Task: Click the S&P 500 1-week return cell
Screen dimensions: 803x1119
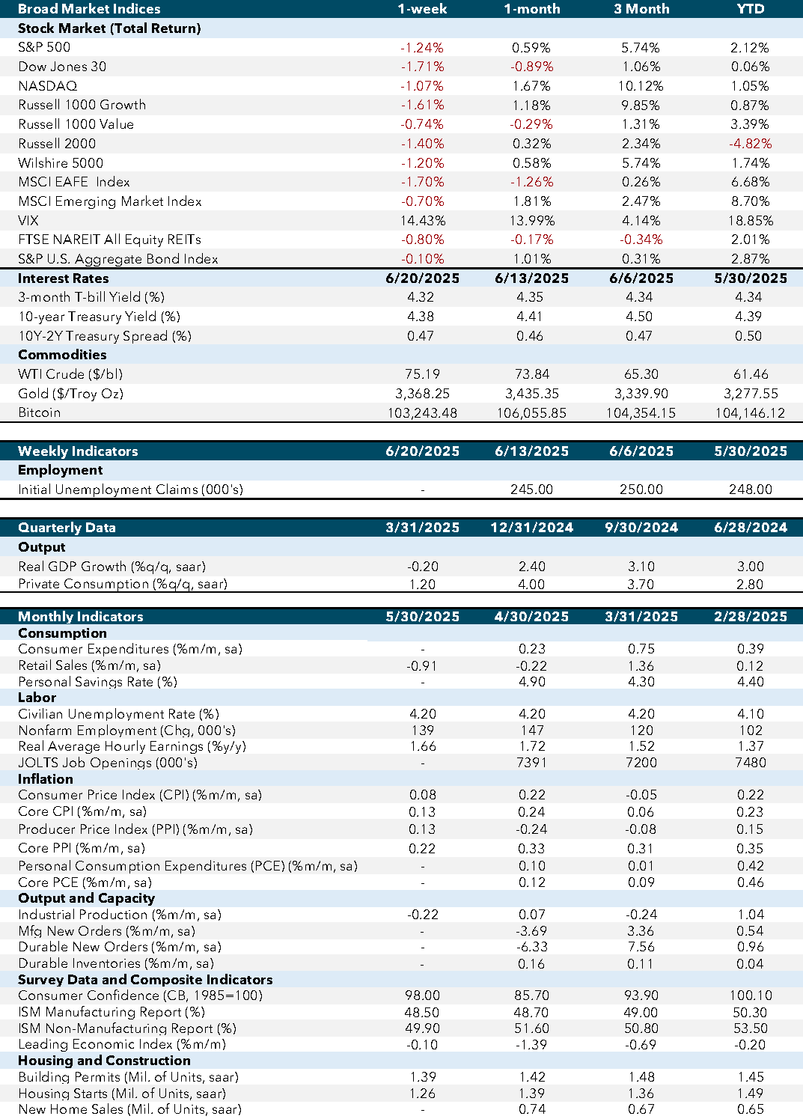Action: tap(422, 47)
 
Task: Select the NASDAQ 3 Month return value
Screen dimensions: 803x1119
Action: tap(641, 86)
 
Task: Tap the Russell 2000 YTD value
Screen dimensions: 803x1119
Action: tap(750, 144)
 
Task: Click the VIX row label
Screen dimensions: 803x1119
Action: tap(28, 220)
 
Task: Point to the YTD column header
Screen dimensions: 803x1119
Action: tap(750, 9)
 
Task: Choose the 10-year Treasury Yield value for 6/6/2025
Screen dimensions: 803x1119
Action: tap(639, 317)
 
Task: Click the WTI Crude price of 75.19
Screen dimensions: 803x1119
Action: tap(423, 374)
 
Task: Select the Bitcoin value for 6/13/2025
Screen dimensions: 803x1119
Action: tap(531, 413)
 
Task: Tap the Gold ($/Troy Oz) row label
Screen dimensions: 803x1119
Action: tap(70, 394)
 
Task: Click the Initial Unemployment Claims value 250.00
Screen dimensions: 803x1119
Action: tap(641, 490)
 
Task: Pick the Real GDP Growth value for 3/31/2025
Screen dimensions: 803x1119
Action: tap(423, 567)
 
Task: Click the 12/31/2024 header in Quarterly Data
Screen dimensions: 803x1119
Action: tap(531, 528)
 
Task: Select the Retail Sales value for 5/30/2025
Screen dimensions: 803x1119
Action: tap(422, 666)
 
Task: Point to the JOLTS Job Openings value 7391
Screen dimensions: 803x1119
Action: tap(531, 763)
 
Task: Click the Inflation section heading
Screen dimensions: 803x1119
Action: tap(46, 779)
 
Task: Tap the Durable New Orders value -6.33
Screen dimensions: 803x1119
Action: tap(531, 947)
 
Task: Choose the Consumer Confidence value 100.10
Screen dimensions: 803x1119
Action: tap(751, 995)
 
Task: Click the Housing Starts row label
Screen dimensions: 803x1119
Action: tap(122, 1094)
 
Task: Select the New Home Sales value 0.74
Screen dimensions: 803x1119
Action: tap(531, 1109)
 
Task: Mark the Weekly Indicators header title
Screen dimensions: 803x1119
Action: tap(78, 451)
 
